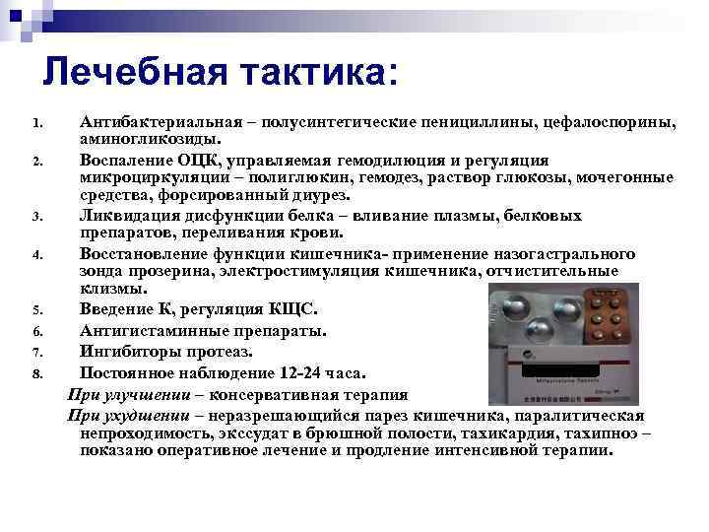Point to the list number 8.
tap(35, 375)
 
